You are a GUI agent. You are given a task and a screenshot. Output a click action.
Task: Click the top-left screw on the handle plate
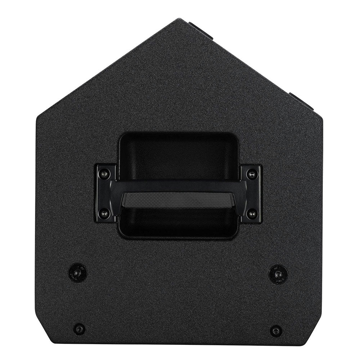(x=104, y=174)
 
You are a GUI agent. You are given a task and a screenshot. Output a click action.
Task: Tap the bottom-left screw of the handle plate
(x=104, y=214)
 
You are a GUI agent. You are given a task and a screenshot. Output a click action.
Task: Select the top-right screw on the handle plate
(x=252, y=174)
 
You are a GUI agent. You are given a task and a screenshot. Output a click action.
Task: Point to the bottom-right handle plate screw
(x=252, y=214)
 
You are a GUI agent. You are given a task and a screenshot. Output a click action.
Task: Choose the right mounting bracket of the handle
(x=251, y=194)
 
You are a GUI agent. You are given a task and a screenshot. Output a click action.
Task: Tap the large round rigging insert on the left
(x=77, y=273)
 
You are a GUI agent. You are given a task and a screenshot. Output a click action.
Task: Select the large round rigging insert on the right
(x=278, y=274)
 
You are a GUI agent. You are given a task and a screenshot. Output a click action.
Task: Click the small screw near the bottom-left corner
(x=79, y=329)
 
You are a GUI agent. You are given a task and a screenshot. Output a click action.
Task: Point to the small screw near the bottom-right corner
(x=276, y=330)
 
